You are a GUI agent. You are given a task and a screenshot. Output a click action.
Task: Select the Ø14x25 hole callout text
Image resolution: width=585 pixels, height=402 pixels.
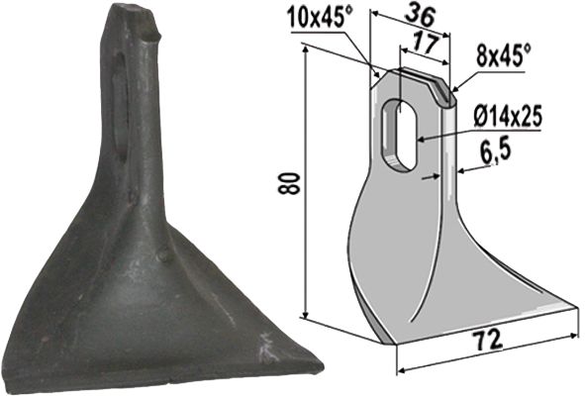508,117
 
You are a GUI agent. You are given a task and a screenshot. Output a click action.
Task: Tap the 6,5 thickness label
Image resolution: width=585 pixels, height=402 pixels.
498,153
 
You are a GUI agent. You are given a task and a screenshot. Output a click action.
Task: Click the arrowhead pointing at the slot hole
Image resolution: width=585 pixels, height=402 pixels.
421,140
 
